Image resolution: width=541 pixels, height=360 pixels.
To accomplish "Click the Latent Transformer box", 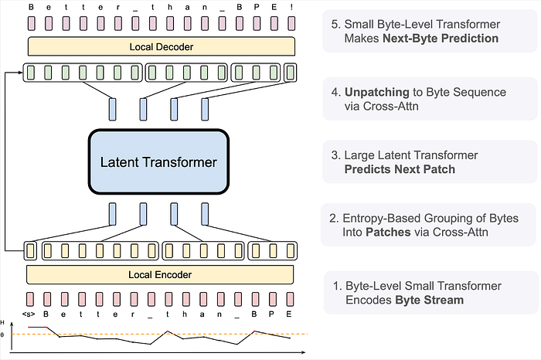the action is (158, 161).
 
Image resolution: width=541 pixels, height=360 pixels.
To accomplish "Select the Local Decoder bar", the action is (162, 46).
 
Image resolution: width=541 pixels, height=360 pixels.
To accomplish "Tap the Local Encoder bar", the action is (160, 274).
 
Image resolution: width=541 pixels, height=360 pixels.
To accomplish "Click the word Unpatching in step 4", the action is (377, 92).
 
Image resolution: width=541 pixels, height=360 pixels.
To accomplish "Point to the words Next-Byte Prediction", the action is (441, 39).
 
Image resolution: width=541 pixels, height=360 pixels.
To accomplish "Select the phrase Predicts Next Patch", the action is (400, 169).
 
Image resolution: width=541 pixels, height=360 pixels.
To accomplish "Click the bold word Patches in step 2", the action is (388, 232).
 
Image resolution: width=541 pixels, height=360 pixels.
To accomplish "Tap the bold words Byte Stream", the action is (429, 300).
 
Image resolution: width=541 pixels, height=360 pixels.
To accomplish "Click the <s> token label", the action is (29, 314).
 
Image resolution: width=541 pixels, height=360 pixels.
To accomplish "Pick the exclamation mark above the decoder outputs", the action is (291, 7).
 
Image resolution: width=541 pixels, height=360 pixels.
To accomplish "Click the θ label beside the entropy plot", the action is (2, 335).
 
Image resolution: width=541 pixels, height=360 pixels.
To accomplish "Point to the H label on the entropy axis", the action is (2, 323).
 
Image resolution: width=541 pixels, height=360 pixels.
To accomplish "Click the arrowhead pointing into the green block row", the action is (20, 73).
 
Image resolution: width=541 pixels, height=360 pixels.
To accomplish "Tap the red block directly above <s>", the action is (30, 299).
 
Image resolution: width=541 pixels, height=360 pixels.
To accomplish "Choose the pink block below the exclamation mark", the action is (291, 23).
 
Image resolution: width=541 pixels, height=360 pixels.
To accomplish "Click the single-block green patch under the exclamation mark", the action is (290, 73).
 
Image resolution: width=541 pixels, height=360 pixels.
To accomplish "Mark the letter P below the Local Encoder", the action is (271, 314).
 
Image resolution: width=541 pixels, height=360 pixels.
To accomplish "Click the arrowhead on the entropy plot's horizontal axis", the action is (303, 352).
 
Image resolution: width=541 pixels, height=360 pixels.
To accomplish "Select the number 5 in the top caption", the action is (334, 25).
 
